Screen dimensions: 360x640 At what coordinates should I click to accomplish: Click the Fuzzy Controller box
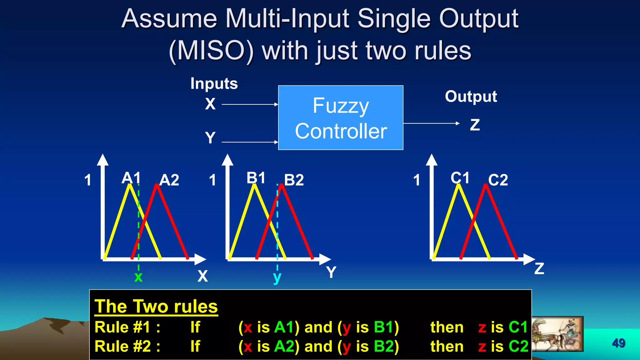click(x=341, y=118)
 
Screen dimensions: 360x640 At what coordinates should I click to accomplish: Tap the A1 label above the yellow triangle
click(x=131, y=178)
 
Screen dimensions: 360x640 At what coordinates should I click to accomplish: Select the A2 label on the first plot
click(x=169, y=180)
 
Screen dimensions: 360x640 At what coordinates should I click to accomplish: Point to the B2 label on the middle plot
click(x=294, y=180)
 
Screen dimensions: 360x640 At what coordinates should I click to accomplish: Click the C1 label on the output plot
click(x=460, y=178)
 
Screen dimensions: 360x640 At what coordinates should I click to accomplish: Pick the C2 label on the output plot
click(x=498, y=180)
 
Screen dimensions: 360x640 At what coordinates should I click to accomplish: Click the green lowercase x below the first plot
click(x=138, y=277)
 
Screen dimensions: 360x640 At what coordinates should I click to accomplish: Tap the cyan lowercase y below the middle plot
click(x=277, y=277)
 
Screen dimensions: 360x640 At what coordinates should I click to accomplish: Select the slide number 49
click(x=618, y=343)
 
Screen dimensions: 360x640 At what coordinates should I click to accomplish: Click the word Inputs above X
click(x=214, y=84)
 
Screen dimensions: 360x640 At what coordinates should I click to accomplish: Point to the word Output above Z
click(x=471, y=97)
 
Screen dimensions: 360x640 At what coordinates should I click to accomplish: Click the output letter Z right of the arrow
click(x=475, y=125)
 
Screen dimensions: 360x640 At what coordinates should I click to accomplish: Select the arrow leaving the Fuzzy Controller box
click(x=431, y=123)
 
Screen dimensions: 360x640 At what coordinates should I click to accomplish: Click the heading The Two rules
click(x=156, y=306)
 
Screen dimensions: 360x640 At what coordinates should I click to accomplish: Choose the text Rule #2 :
click(x=127, y=346)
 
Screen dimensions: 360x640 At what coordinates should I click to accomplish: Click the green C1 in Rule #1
click(x=518, y=327)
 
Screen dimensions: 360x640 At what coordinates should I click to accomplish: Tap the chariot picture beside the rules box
click(x=557, y=334)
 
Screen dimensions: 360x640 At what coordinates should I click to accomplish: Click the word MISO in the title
click(x=211, y=51)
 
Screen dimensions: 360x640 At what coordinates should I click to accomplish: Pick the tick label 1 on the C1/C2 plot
click(x=417, y=180)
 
